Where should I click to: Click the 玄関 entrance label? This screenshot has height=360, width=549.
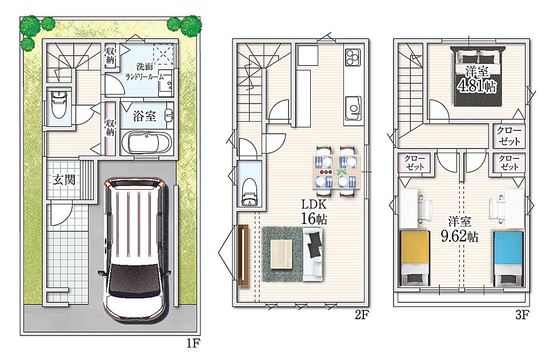pos(65,180)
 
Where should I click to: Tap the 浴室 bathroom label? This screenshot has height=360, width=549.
pos(145,116)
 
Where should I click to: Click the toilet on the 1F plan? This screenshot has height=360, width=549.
pos(58,105)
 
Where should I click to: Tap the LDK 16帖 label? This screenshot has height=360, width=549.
pos(314,212)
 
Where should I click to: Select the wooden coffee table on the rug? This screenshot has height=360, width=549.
pos(282,254)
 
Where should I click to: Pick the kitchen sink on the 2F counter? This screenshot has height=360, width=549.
pos(353,108)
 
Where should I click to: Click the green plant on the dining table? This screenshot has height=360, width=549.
pos(341,172)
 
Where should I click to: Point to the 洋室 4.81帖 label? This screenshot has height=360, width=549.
pos(477,80)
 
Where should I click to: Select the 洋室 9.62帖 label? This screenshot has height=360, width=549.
pos(459,229)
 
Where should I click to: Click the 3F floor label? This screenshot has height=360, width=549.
pos(522,315)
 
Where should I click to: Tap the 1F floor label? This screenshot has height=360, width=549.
pos(193,343)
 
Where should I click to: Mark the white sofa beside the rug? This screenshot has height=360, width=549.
pos(312,254)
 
